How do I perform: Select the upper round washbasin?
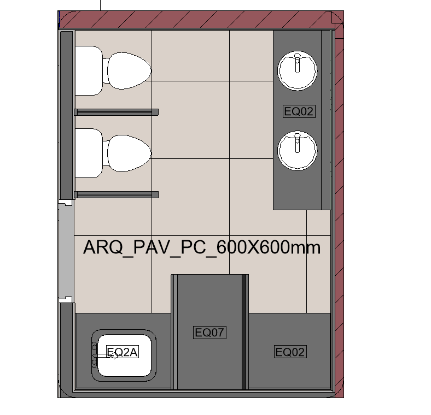click(x=297, y=70)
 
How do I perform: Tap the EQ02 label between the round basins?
click(x=299, y=111)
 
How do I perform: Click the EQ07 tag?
click(x=210, y=332)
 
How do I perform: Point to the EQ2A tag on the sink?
click(x=123, y=352)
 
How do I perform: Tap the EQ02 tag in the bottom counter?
click(x=289, y=352)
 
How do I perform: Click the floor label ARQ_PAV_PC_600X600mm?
click(x=201, y=247)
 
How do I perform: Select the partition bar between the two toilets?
click(x=117, y=112)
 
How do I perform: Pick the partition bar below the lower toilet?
click(x=117, y=194)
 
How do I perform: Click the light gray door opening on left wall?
click(x=66, y=251)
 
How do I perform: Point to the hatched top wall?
click(x=197, y=20)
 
